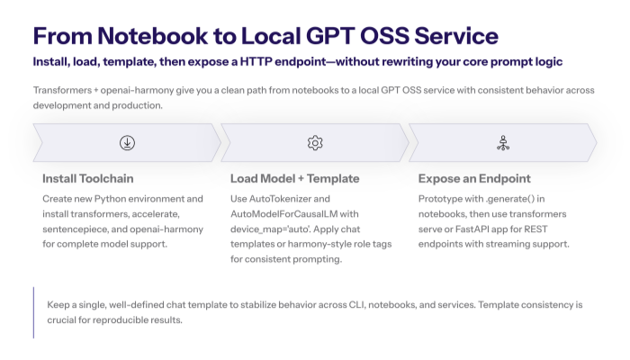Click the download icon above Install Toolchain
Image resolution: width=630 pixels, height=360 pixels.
click(x=127, y=142)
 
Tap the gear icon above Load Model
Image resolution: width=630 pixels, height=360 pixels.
click(x=315, y=142)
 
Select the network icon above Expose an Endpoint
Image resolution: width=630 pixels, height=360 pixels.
click(x=503, y=142)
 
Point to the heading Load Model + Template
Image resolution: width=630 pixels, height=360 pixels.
click(x=295, y=178)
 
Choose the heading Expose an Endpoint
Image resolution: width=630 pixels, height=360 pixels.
click(x=474, y=178)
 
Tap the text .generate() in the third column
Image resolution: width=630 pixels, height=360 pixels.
click(x=513, y=198)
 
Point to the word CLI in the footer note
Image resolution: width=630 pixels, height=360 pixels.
click(x=364, y=304)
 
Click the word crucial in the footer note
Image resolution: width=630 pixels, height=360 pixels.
click(x=65, y=319)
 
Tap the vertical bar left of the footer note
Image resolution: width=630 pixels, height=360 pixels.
click(x=33, y=312)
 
